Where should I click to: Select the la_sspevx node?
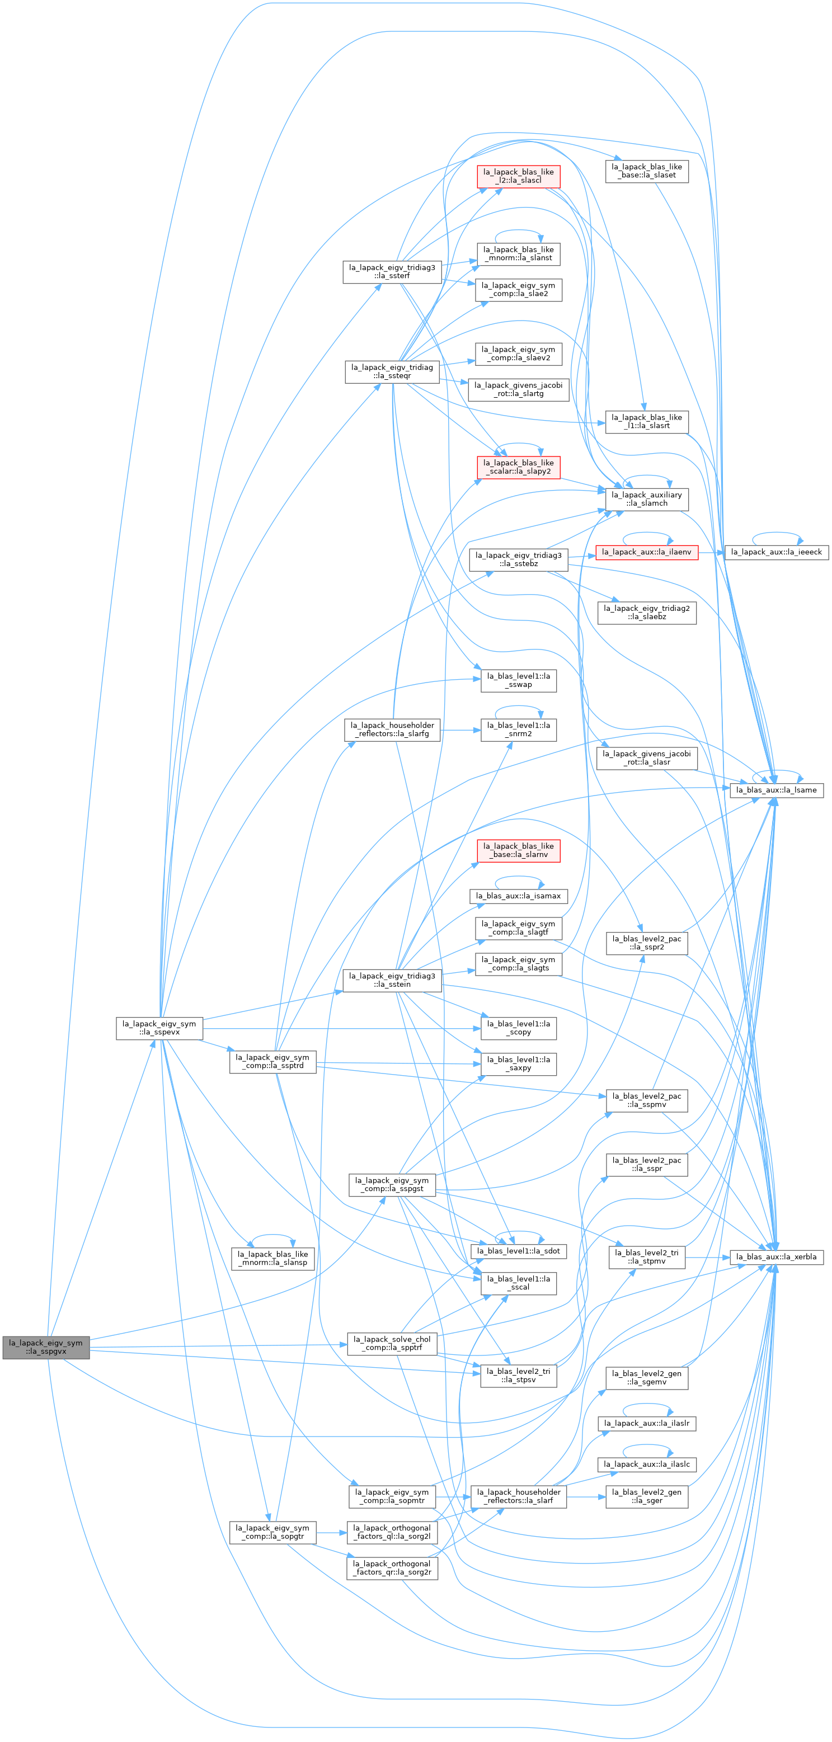159,1028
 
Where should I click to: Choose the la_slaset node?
647,171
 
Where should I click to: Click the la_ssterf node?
392,272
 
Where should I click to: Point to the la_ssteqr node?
392,372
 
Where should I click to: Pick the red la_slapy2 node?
518,467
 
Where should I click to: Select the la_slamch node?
647,499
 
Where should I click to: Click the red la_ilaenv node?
647,552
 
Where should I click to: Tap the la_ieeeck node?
777,552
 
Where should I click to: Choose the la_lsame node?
777,790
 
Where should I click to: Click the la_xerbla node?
777,1256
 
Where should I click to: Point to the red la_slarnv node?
518,851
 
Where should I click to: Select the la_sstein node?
392,981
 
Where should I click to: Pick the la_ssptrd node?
272,1062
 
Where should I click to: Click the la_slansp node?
272,1259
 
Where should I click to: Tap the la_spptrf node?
392,1344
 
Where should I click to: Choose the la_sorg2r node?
392,1568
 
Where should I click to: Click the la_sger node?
647,1496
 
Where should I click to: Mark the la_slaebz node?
647,613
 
